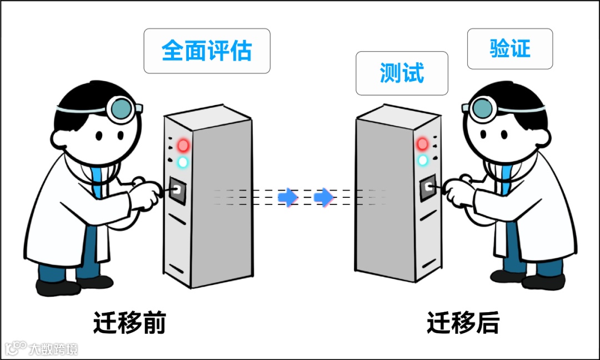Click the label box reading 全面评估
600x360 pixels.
(x=207, y=51)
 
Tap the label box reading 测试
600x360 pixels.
(x=402, y=73)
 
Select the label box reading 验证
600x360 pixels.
(x=509, y=49)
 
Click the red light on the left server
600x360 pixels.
(x=183, y=146)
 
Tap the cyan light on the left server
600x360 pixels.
(x=182, y=162)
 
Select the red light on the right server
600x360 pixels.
(x=423, y=144)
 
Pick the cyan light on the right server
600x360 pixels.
(x=423, y=160)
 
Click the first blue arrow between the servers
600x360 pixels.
(x=287, y=197)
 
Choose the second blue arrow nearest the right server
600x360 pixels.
(x=323, y=197)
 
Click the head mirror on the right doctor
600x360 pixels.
(x=481, y=108)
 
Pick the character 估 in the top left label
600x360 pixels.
(x=241, y=51)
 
